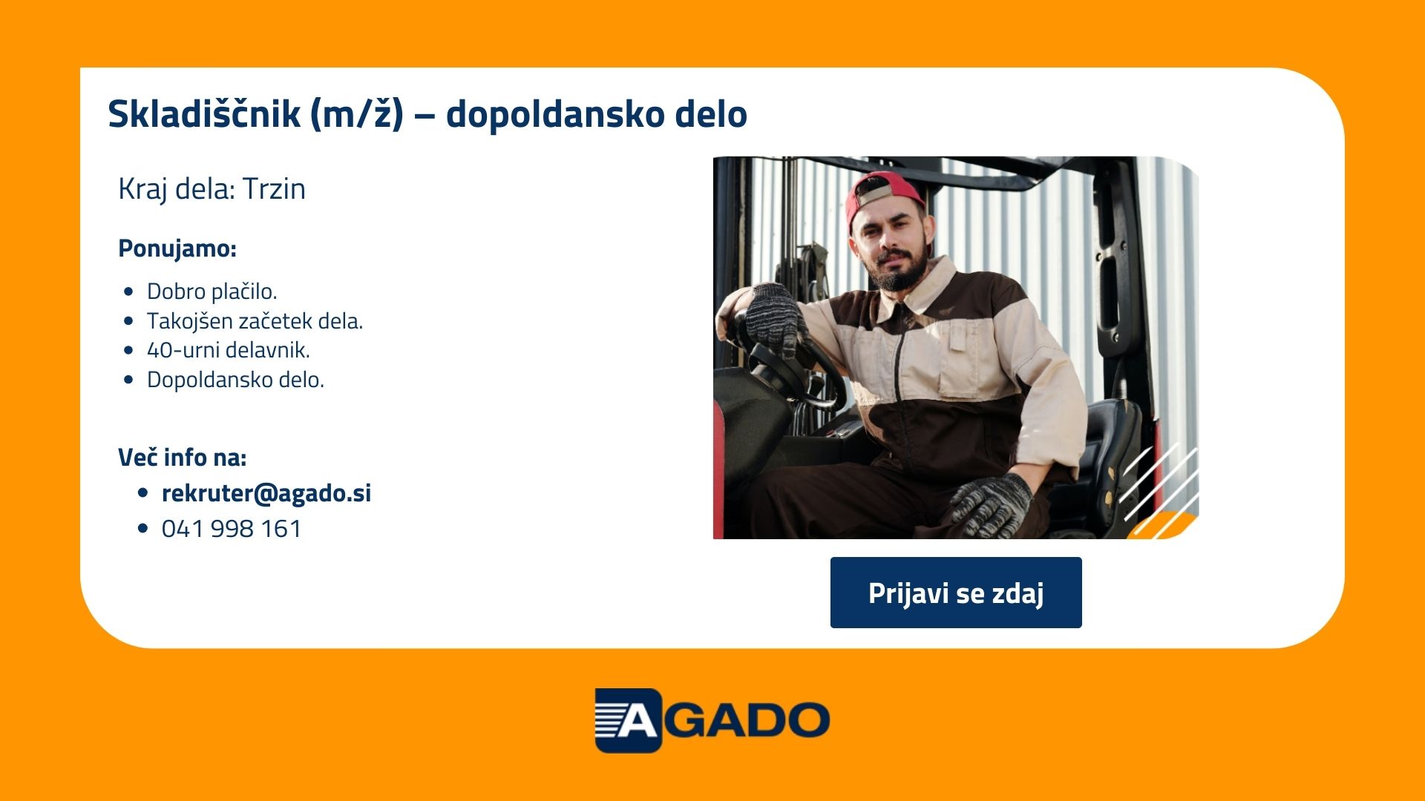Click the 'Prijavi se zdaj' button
click(956, 593)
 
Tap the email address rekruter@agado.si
click(266, 493)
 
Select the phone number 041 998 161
click(232, 529)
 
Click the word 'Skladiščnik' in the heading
click(204, 113)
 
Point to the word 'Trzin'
click(274, 189)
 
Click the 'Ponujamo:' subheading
click(177, 248)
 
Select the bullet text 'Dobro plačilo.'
click(212, 291)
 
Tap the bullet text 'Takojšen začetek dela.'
click(255, 321)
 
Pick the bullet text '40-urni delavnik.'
click(229, 350)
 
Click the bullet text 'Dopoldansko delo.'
click(235, 380)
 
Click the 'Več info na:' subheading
click(183, 458)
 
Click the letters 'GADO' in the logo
click(745, 720)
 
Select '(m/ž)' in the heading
click(357, 113)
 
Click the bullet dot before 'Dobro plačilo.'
click(130, 291)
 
